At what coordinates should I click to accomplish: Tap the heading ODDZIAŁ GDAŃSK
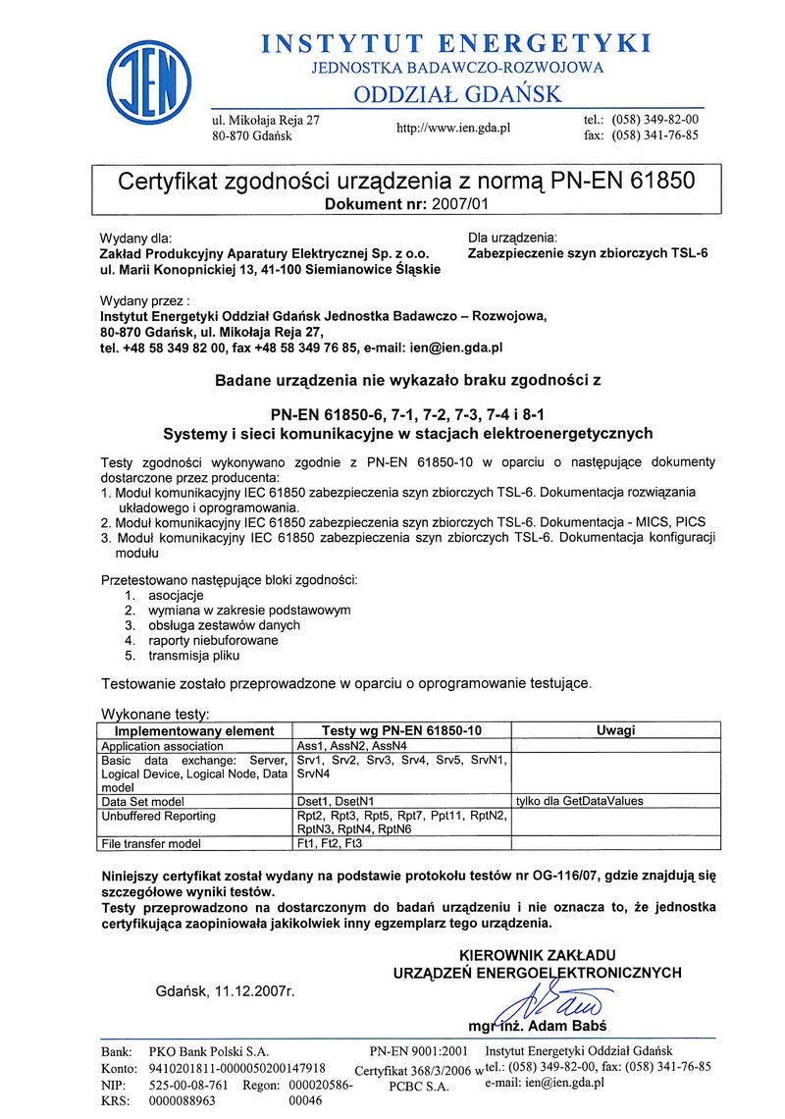pos(457,94)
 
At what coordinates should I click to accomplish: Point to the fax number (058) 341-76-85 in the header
pos(654,135)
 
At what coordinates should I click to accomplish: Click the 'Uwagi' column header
pos(615,730)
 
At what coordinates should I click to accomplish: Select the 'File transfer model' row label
pos(151,843)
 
